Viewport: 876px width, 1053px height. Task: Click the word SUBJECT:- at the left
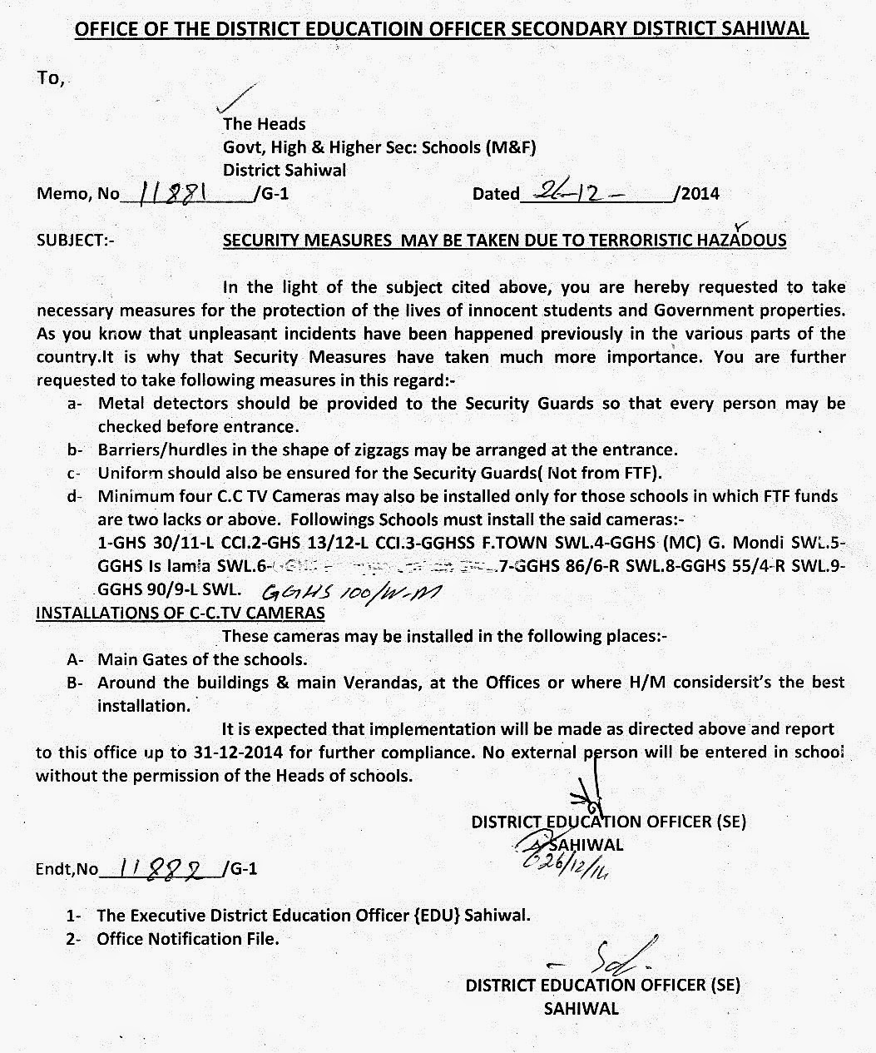click(x=76, y=241)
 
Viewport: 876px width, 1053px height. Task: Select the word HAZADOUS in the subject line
click(x=743, y=241)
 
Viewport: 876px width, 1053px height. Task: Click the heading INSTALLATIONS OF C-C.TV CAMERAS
click(x=180, y=613)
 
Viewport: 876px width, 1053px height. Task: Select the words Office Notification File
click(x=188, y=939)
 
